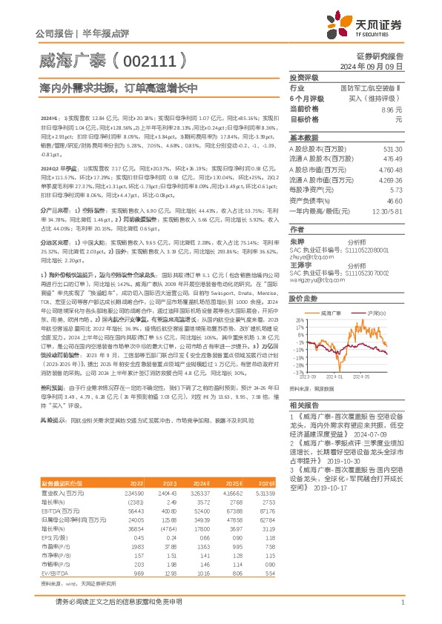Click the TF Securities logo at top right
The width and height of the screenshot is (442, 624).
pos(370,26)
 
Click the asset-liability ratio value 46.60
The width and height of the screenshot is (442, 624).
pos(394,201)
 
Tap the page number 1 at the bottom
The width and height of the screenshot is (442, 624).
pos(401,603)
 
